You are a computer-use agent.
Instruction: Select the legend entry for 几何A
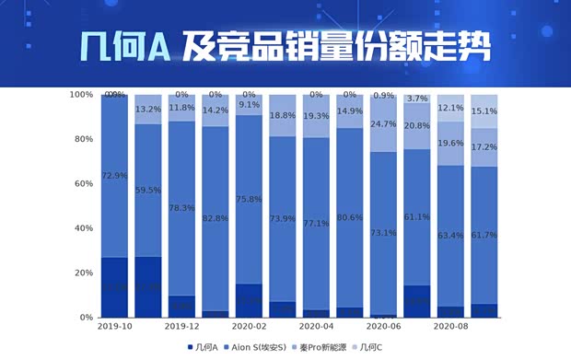[x=202, y=347]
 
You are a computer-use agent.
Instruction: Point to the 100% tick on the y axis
[x=81, y=95]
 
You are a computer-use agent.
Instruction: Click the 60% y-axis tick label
[x=83, y=184]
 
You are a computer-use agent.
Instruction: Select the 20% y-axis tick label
[x=83, y=273]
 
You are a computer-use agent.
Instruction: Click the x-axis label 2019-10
[x=114, y=327]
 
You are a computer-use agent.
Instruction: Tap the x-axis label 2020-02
[x=249, y=327]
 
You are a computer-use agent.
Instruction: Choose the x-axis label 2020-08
[x=451, y=327]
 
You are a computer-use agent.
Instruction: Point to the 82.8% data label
[x=216, y=218]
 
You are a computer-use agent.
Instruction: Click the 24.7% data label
[x=384, y=124]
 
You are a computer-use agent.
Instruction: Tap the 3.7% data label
[x=417, y=99]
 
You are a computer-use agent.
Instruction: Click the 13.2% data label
[x=148, y=110]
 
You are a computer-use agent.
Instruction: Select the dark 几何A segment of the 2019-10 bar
[x=114, y=287]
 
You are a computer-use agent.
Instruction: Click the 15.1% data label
[x=484, y=111]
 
